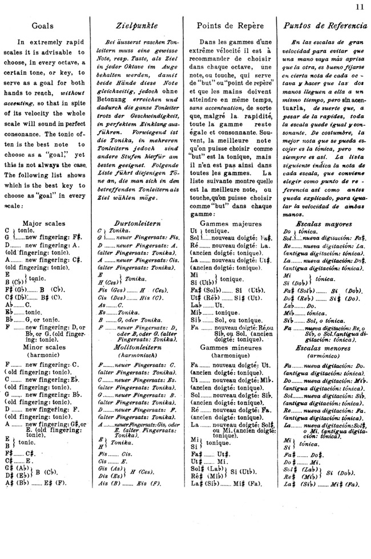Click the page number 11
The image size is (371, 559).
coord(359,7)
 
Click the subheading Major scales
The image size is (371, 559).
coord(43,223)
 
